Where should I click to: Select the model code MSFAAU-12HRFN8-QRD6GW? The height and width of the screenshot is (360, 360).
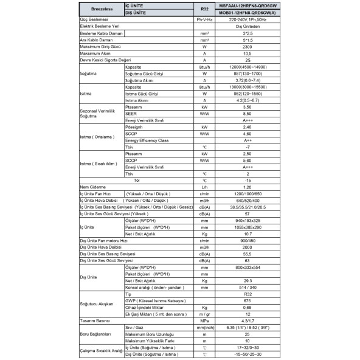click(x=247, y=5)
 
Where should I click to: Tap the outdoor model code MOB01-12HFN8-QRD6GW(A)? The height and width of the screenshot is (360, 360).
click(x=247, y=12)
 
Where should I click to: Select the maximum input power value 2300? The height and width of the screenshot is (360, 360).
click(x=247, y=47)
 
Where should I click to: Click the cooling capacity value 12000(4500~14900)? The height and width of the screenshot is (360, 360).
click(x=247, y=67)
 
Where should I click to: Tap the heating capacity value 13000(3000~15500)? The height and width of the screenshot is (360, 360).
click(x=247, y=87)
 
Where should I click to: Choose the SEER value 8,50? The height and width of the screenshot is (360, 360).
click(x=247, y=114)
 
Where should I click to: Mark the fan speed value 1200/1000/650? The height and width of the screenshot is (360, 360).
click(x=247, y=194)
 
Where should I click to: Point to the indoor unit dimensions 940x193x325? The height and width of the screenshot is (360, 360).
click(x=247, y=221)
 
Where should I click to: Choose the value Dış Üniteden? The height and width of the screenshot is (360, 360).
click(x=247, y=27)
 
